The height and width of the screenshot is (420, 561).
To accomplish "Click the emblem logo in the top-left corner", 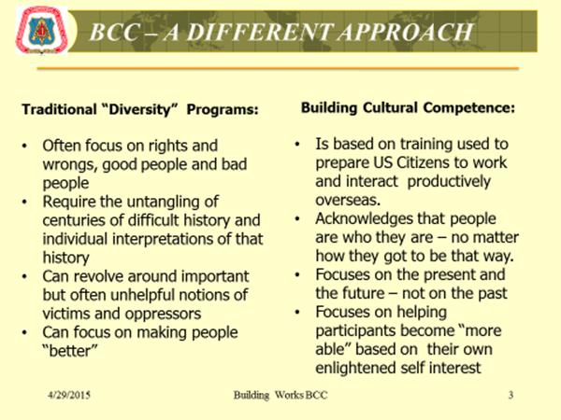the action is (42, 31).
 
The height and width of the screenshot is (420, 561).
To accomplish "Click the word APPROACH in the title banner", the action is (406, 32).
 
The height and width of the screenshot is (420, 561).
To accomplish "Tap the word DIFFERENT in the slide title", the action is (260, 32).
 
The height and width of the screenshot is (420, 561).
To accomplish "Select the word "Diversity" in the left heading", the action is (140, 109).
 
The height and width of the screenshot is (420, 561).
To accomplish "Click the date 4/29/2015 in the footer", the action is (69, 395).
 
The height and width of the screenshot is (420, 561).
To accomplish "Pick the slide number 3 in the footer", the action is (511, 395).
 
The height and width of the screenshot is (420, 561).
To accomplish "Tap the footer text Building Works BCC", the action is (280, 395).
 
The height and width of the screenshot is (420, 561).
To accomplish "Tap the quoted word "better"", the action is (70, 351).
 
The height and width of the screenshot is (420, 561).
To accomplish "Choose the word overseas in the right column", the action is (348, 200).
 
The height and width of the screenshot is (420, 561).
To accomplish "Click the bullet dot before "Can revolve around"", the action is (24, 276).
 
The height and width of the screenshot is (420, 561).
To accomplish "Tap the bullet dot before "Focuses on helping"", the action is (297, 312).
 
